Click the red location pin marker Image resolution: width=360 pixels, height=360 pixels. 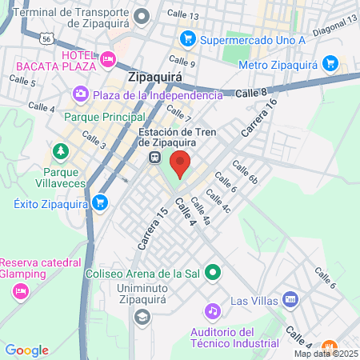click(180, 163)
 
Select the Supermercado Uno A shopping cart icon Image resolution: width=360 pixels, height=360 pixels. click(187, 38)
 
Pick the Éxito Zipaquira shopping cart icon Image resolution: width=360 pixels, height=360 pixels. click(99, 203)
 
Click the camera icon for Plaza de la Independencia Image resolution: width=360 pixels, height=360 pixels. click(80, 95)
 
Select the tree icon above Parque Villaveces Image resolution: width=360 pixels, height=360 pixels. click(60, 150)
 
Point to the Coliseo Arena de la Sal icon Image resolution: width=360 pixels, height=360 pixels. click(212, 273)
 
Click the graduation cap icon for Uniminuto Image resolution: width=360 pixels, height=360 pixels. click(142, 316)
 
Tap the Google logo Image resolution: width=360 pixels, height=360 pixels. click(26, 350)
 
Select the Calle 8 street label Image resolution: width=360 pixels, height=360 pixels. click(252, 94)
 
